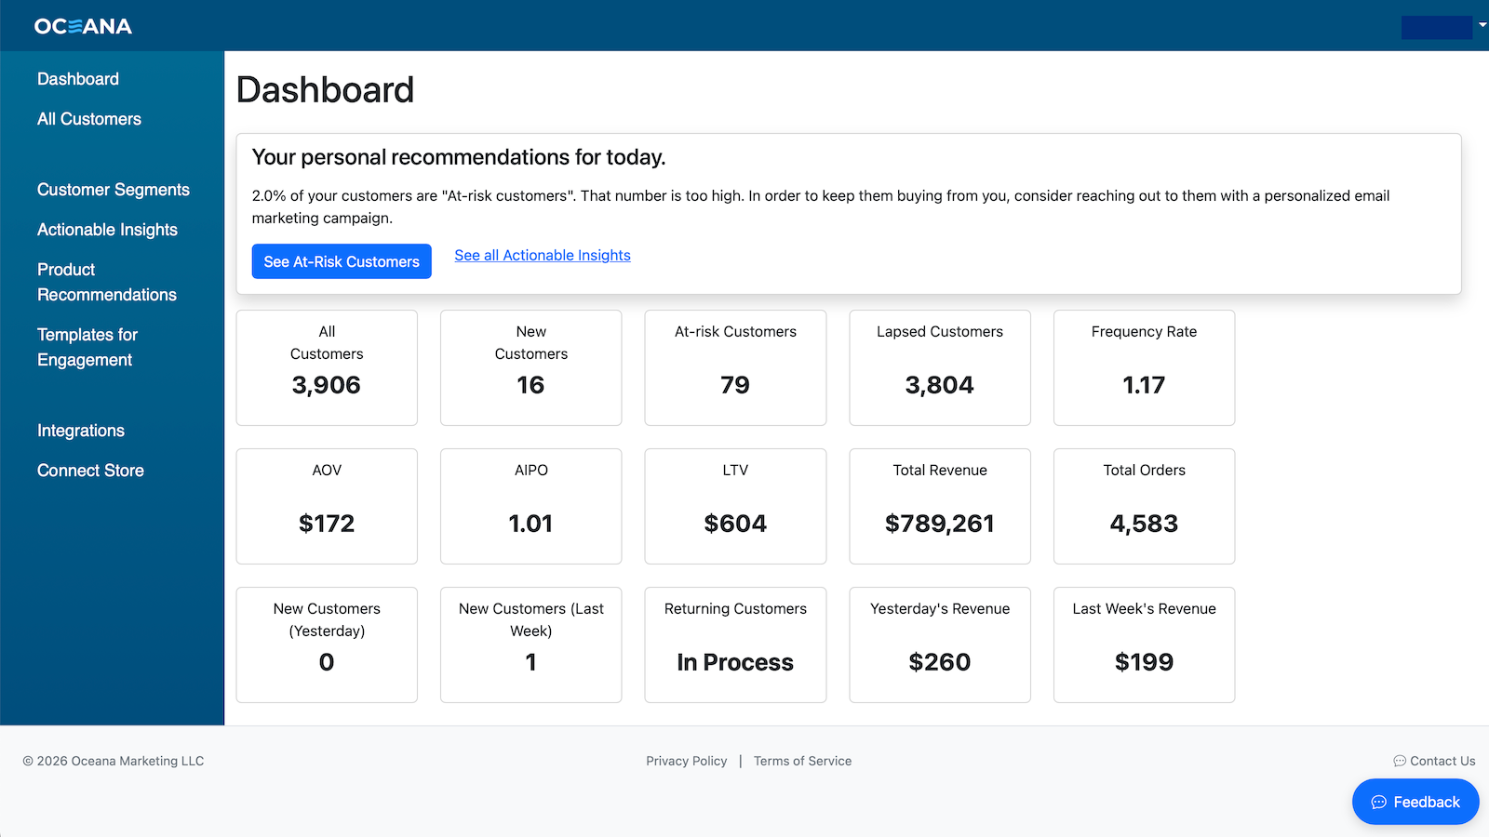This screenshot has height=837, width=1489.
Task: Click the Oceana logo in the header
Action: click(x=83, y=26)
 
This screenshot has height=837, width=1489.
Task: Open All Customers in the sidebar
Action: click(x=89, y=119)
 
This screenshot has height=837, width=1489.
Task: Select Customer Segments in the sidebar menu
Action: click(x=113, y=190)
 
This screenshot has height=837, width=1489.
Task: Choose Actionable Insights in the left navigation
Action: click(x=107, y=229)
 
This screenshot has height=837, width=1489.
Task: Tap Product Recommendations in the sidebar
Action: click(x=106, y=282)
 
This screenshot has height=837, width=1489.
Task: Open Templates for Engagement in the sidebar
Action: click(x=87, y=347)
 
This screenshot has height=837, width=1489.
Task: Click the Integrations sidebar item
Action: click(x=80, y=431)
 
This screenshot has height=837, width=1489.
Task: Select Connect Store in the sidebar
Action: click(x=90, y=471)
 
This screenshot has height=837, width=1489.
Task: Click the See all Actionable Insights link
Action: click(x=543, y=255)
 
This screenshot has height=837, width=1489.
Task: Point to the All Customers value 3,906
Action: click(x=327, y=385)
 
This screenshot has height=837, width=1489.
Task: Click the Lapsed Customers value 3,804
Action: click(x=939, y=385)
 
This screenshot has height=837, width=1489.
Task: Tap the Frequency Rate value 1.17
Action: click(x=1144, y=385)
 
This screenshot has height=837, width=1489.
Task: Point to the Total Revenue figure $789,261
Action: click(x=939, y=524)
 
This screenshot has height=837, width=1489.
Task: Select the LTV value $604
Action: click(x=735, y=524)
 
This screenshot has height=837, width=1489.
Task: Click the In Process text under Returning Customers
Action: click(x=735, y=662)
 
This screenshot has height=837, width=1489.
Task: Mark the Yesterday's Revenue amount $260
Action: click(x=939, y=662)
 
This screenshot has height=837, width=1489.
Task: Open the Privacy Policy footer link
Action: click(x=687, y=761)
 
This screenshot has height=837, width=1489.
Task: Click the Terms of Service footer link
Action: click(x=802, y=761)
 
